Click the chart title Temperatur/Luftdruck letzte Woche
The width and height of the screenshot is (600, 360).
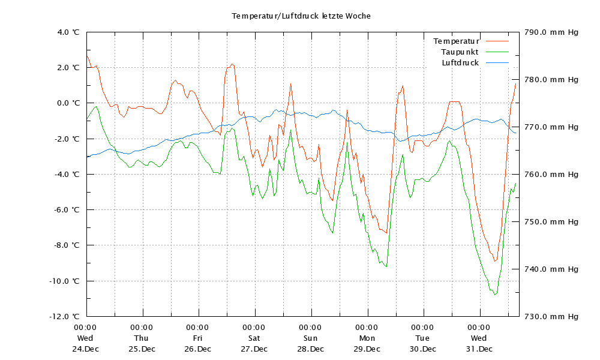[301, 16]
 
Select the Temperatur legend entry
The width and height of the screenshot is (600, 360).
[456, 41]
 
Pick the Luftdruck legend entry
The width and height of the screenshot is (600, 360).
[460, 63]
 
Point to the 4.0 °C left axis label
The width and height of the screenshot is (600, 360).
[68, 32]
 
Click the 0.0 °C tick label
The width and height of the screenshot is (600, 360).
[68, 103]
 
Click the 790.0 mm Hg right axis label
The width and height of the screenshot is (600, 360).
[551, 32]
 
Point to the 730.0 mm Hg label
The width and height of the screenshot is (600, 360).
[551, 316]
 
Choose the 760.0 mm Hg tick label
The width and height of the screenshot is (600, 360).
[551, 175]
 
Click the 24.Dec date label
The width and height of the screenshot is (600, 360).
[86, 349]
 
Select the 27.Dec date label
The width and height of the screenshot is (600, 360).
[254, 349]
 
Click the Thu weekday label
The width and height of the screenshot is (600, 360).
[142, 338]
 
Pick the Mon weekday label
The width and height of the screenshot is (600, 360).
[367, 338]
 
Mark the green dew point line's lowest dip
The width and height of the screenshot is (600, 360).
[495, 294]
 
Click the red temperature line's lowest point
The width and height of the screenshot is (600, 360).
[495, 260]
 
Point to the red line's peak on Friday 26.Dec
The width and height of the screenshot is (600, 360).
[232, 64]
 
